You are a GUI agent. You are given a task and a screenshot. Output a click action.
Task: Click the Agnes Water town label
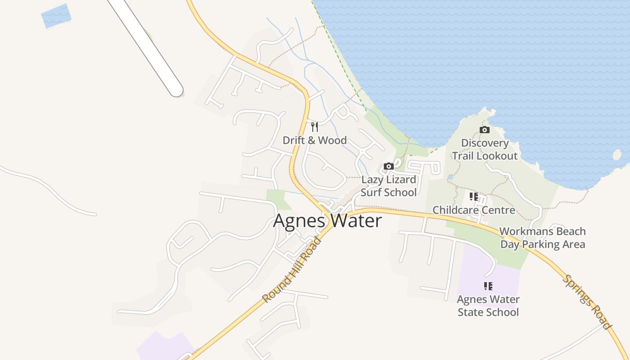pos(327,221)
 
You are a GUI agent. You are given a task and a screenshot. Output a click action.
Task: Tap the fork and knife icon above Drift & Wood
pos(315,127)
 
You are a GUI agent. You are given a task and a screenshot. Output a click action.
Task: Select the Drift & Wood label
pos(315,140)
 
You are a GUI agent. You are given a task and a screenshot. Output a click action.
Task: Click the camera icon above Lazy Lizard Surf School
pos(389,166)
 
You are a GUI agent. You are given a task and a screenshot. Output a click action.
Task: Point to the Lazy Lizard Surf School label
pos(389,186)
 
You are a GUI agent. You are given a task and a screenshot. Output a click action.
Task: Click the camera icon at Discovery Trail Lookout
pos(485,130)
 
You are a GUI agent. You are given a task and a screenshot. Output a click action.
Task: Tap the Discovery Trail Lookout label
pos(485,149)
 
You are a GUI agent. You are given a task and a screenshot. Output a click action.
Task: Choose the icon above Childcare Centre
pos(473,197)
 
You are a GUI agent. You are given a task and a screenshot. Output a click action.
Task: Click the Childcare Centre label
pos(473,210)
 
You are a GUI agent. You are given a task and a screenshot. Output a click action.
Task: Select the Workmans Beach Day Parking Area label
pos(542,238)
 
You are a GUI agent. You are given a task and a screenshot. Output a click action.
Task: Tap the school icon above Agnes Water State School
pos(488,286)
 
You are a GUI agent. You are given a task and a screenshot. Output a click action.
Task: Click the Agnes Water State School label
pos(488,306)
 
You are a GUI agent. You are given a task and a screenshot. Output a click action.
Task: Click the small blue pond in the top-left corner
pos(56,16)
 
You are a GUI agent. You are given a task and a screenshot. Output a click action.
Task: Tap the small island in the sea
pos(616,155)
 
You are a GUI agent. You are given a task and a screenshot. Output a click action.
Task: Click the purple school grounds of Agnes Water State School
pos(472,270)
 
